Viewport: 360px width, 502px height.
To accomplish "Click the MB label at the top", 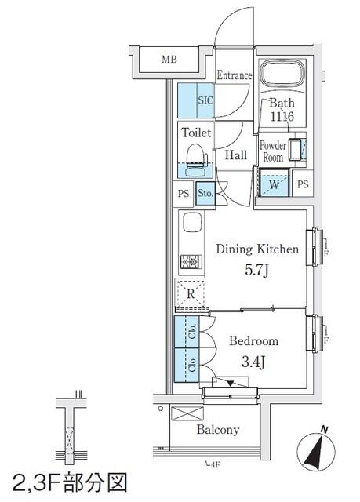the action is (x=169, y=60).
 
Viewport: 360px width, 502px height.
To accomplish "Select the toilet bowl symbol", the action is (x=196, y=159).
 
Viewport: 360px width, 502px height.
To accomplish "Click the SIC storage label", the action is (x=205, y=100).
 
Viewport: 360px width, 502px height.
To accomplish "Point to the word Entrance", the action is (x=235, y=75).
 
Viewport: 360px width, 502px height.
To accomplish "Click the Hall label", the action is (x=236, y=155).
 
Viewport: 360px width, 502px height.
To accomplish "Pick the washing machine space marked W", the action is (x=274, y=183).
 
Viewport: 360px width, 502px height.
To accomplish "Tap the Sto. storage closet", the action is (x=205, y=194).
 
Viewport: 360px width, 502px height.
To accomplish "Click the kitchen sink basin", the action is (x=193, y=222).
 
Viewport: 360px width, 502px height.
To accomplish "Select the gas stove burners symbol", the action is (x=191, y=262).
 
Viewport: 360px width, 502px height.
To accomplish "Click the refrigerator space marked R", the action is (x=191, y=293).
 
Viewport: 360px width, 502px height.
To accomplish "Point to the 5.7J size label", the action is (x=256, y=271).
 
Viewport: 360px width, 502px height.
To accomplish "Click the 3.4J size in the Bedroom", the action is (x=253, y=362).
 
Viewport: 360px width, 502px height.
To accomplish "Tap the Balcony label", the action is (x=218, y=430).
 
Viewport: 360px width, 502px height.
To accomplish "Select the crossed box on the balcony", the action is (x=187, y=413).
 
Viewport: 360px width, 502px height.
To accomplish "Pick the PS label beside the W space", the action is (x=303, y=184).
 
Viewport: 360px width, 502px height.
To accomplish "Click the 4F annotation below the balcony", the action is (x=216, y=464).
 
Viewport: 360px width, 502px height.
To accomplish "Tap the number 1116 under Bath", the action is (x=282, y=116).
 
